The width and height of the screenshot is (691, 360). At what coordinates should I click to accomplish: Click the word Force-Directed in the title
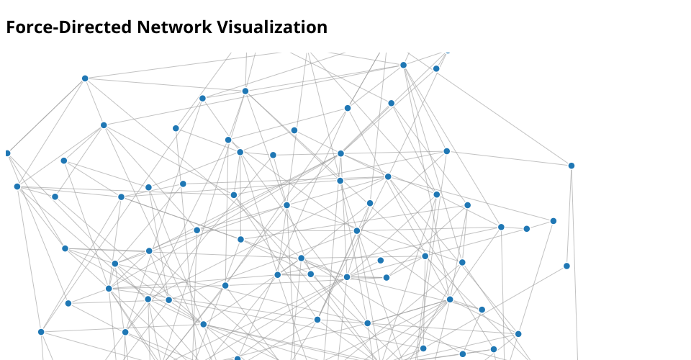pyautogui.click(x=69, y=27)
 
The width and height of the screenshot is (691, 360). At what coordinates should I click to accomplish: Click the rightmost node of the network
pyautogui.click(x=572, y=166)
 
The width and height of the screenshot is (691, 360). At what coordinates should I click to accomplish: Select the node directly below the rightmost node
pyautogui.click(x=566, y=266)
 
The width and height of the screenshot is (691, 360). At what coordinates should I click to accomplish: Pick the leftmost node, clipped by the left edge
pyautogui.click(x=7, y=153)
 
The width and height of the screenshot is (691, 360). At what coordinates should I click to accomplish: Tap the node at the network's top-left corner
pyautogui.click(x=85, y=78)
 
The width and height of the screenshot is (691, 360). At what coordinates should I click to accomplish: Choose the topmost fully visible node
pyautogui.click(x=403, y=65)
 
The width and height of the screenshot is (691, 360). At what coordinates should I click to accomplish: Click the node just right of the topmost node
pyautogui.click(x=436, y=68)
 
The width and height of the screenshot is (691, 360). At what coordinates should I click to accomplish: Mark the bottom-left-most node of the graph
pyautogui.click(x=41, y=332)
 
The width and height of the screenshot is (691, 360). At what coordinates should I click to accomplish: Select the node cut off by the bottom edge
pyautogui.click(x=237, y=359)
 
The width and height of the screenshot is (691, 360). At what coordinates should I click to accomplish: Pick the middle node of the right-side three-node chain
pyautogui.click(x=527, y=229)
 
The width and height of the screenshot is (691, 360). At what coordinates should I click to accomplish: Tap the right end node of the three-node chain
pyautogui.click(x=554, y=221)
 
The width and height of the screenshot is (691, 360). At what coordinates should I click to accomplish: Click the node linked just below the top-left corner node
pyautogui.click(x=104, y=125)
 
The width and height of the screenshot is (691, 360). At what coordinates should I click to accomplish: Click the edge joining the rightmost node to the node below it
pyautogui.click(x=569, y=216)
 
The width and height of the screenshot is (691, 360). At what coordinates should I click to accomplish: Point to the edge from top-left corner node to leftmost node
pyautogui.click(x=46, y=116)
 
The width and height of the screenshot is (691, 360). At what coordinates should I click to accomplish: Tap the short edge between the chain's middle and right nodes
pyautogui.click(x=540, y=225)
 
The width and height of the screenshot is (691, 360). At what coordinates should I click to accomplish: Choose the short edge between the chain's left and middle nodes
pyautogui.click(x=514, y=228)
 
